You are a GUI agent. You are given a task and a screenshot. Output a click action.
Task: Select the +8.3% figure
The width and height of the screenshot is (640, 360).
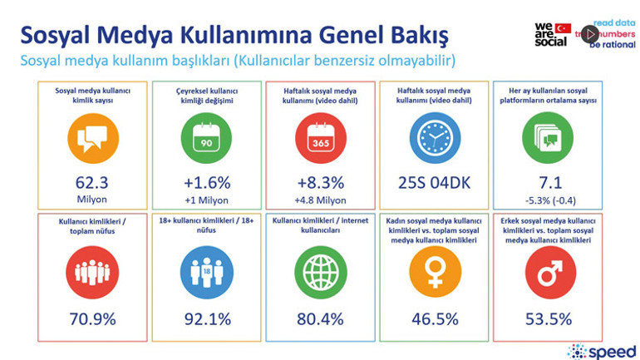coord(320,183)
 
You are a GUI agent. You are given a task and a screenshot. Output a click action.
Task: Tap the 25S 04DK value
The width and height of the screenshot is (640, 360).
coord(436,183)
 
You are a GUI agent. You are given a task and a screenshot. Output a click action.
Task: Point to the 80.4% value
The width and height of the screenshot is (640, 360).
coord(320,318)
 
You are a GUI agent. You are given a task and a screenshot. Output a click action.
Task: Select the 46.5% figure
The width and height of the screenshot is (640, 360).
coord(436,318)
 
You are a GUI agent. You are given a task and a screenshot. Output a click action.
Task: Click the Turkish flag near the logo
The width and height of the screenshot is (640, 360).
coord(563,28)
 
